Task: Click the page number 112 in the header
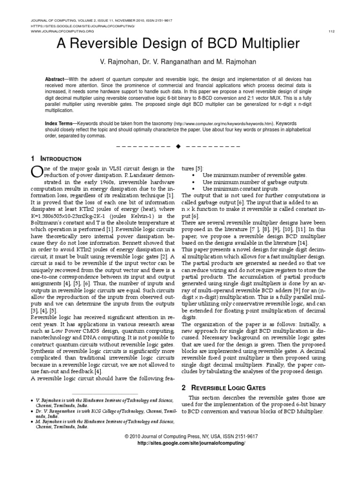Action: point(331,31)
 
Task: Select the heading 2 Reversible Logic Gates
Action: point(223,388)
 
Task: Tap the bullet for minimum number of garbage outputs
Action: point(193,182)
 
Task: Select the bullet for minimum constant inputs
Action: point(193,189)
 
